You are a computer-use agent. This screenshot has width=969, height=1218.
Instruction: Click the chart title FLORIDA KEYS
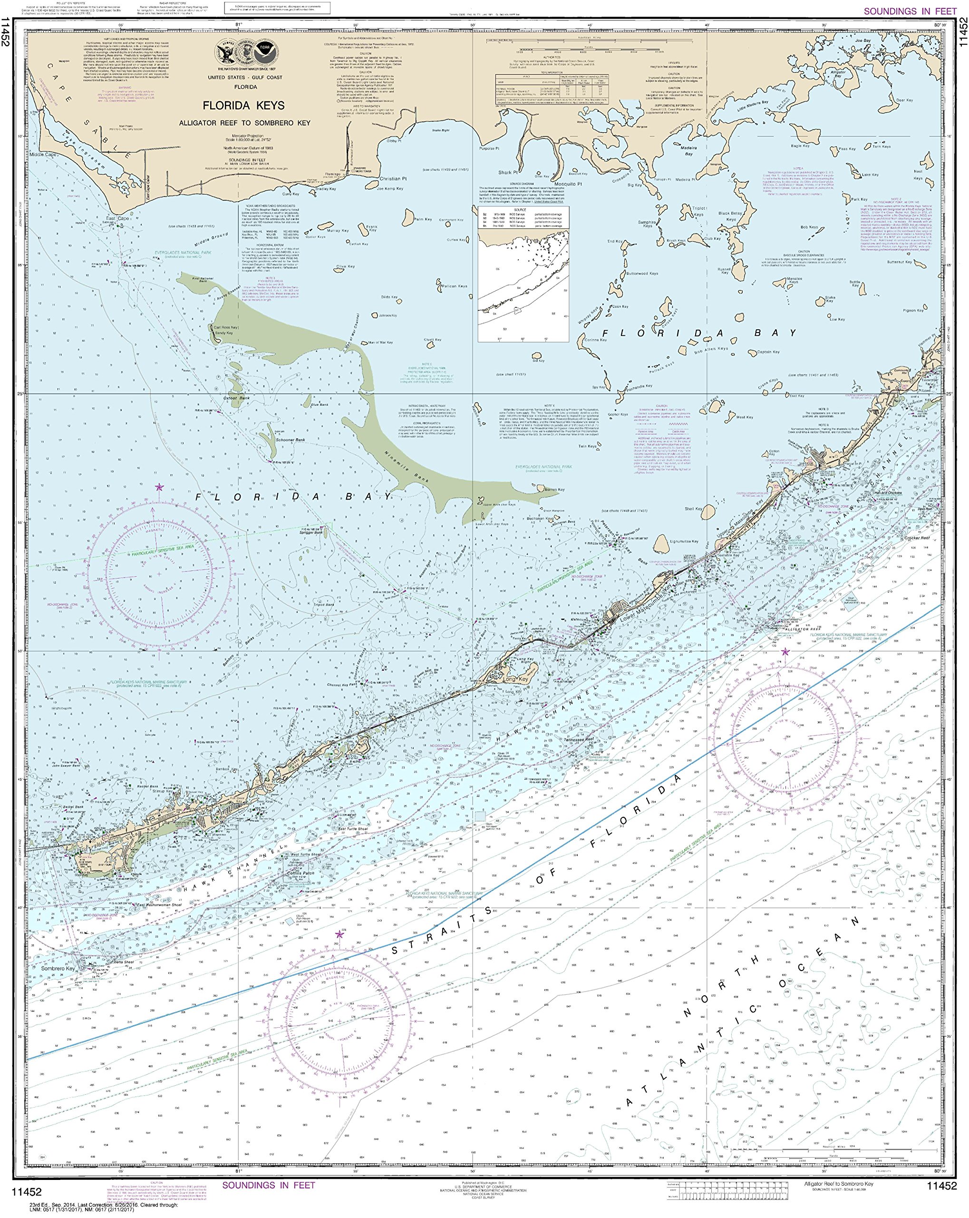[243, 106]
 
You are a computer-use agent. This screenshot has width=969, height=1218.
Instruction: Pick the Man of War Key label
[380, 343]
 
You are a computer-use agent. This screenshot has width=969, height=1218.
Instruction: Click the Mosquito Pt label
[568, 184]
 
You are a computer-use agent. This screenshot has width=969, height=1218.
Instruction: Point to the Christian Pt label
[393, 178]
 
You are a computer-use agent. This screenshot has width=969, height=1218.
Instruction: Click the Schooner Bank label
[290, 440]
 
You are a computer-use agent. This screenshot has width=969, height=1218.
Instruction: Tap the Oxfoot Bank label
[236, 398]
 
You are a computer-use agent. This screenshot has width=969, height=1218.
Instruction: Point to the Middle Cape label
[43, 154]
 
